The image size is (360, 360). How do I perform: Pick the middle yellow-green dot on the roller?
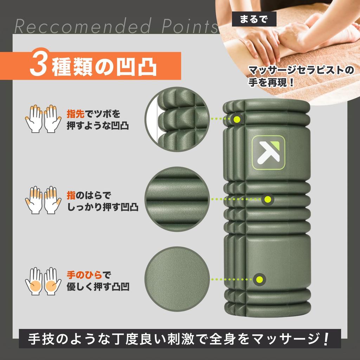click(267, 199)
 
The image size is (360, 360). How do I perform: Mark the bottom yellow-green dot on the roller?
click(259, 279)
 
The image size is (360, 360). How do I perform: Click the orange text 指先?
click(75, 114)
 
